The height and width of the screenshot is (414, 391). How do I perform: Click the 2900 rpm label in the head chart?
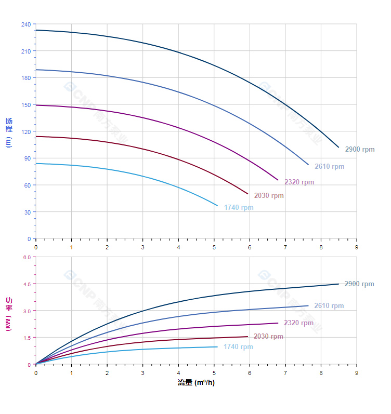click(359, 150)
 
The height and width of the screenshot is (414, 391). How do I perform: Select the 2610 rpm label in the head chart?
click(329, 167)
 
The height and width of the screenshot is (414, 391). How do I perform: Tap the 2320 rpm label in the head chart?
click(299, 182)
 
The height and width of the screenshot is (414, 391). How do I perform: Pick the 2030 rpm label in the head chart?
click(269, 196)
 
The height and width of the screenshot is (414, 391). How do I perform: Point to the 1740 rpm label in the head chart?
click(239, 208)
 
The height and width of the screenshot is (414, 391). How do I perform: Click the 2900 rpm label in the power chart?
click(359, 284)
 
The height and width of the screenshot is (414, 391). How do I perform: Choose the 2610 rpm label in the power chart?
click(329, 306)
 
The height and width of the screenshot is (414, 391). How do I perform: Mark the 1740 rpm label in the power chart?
click(238, 347)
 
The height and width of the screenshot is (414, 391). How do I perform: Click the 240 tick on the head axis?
click(26, 24)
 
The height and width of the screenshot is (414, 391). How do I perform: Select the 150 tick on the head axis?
click(26, 105)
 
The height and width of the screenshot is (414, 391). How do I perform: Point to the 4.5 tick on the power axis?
click(27, 284)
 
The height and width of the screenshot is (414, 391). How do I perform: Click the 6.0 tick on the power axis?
click(27, 257)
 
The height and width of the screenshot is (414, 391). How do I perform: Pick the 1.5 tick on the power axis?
click(27, 338)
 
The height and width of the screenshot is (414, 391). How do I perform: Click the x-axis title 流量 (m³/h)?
click(196, 383)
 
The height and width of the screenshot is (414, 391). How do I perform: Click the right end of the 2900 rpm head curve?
click(338, 147)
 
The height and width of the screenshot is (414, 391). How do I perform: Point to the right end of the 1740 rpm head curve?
click(217, 206)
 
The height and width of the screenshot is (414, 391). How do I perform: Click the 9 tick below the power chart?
click(357, 372)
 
